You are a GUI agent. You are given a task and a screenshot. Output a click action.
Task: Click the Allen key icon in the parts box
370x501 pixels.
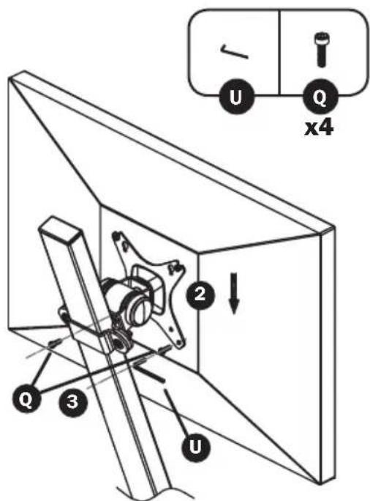235,52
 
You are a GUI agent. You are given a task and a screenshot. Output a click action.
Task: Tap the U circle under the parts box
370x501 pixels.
237,96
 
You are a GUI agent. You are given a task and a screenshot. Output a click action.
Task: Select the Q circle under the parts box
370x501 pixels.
320,97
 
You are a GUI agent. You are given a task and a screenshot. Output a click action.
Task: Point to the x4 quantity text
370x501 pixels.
319,127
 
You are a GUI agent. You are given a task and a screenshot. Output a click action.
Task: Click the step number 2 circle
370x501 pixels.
200,294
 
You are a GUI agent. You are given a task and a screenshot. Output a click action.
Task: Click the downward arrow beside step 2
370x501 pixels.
234,293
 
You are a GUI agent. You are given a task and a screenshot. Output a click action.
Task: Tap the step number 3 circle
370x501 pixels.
72,401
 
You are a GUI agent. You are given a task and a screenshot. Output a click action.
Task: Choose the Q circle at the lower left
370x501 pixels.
26,398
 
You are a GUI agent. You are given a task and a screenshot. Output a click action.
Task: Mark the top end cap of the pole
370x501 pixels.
60,228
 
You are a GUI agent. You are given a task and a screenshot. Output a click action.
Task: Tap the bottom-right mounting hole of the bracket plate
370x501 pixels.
181,343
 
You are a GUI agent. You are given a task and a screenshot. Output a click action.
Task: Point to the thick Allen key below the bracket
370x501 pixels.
149,374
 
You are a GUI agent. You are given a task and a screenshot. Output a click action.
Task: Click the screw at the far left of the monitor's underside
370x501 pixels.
54,344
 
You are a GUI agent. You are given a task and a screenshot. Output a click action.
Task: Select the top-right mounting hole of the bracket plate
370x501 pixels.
175,267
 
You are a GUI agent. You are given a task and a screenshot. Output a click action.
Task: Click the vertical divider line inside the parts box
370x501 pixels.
280,52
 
